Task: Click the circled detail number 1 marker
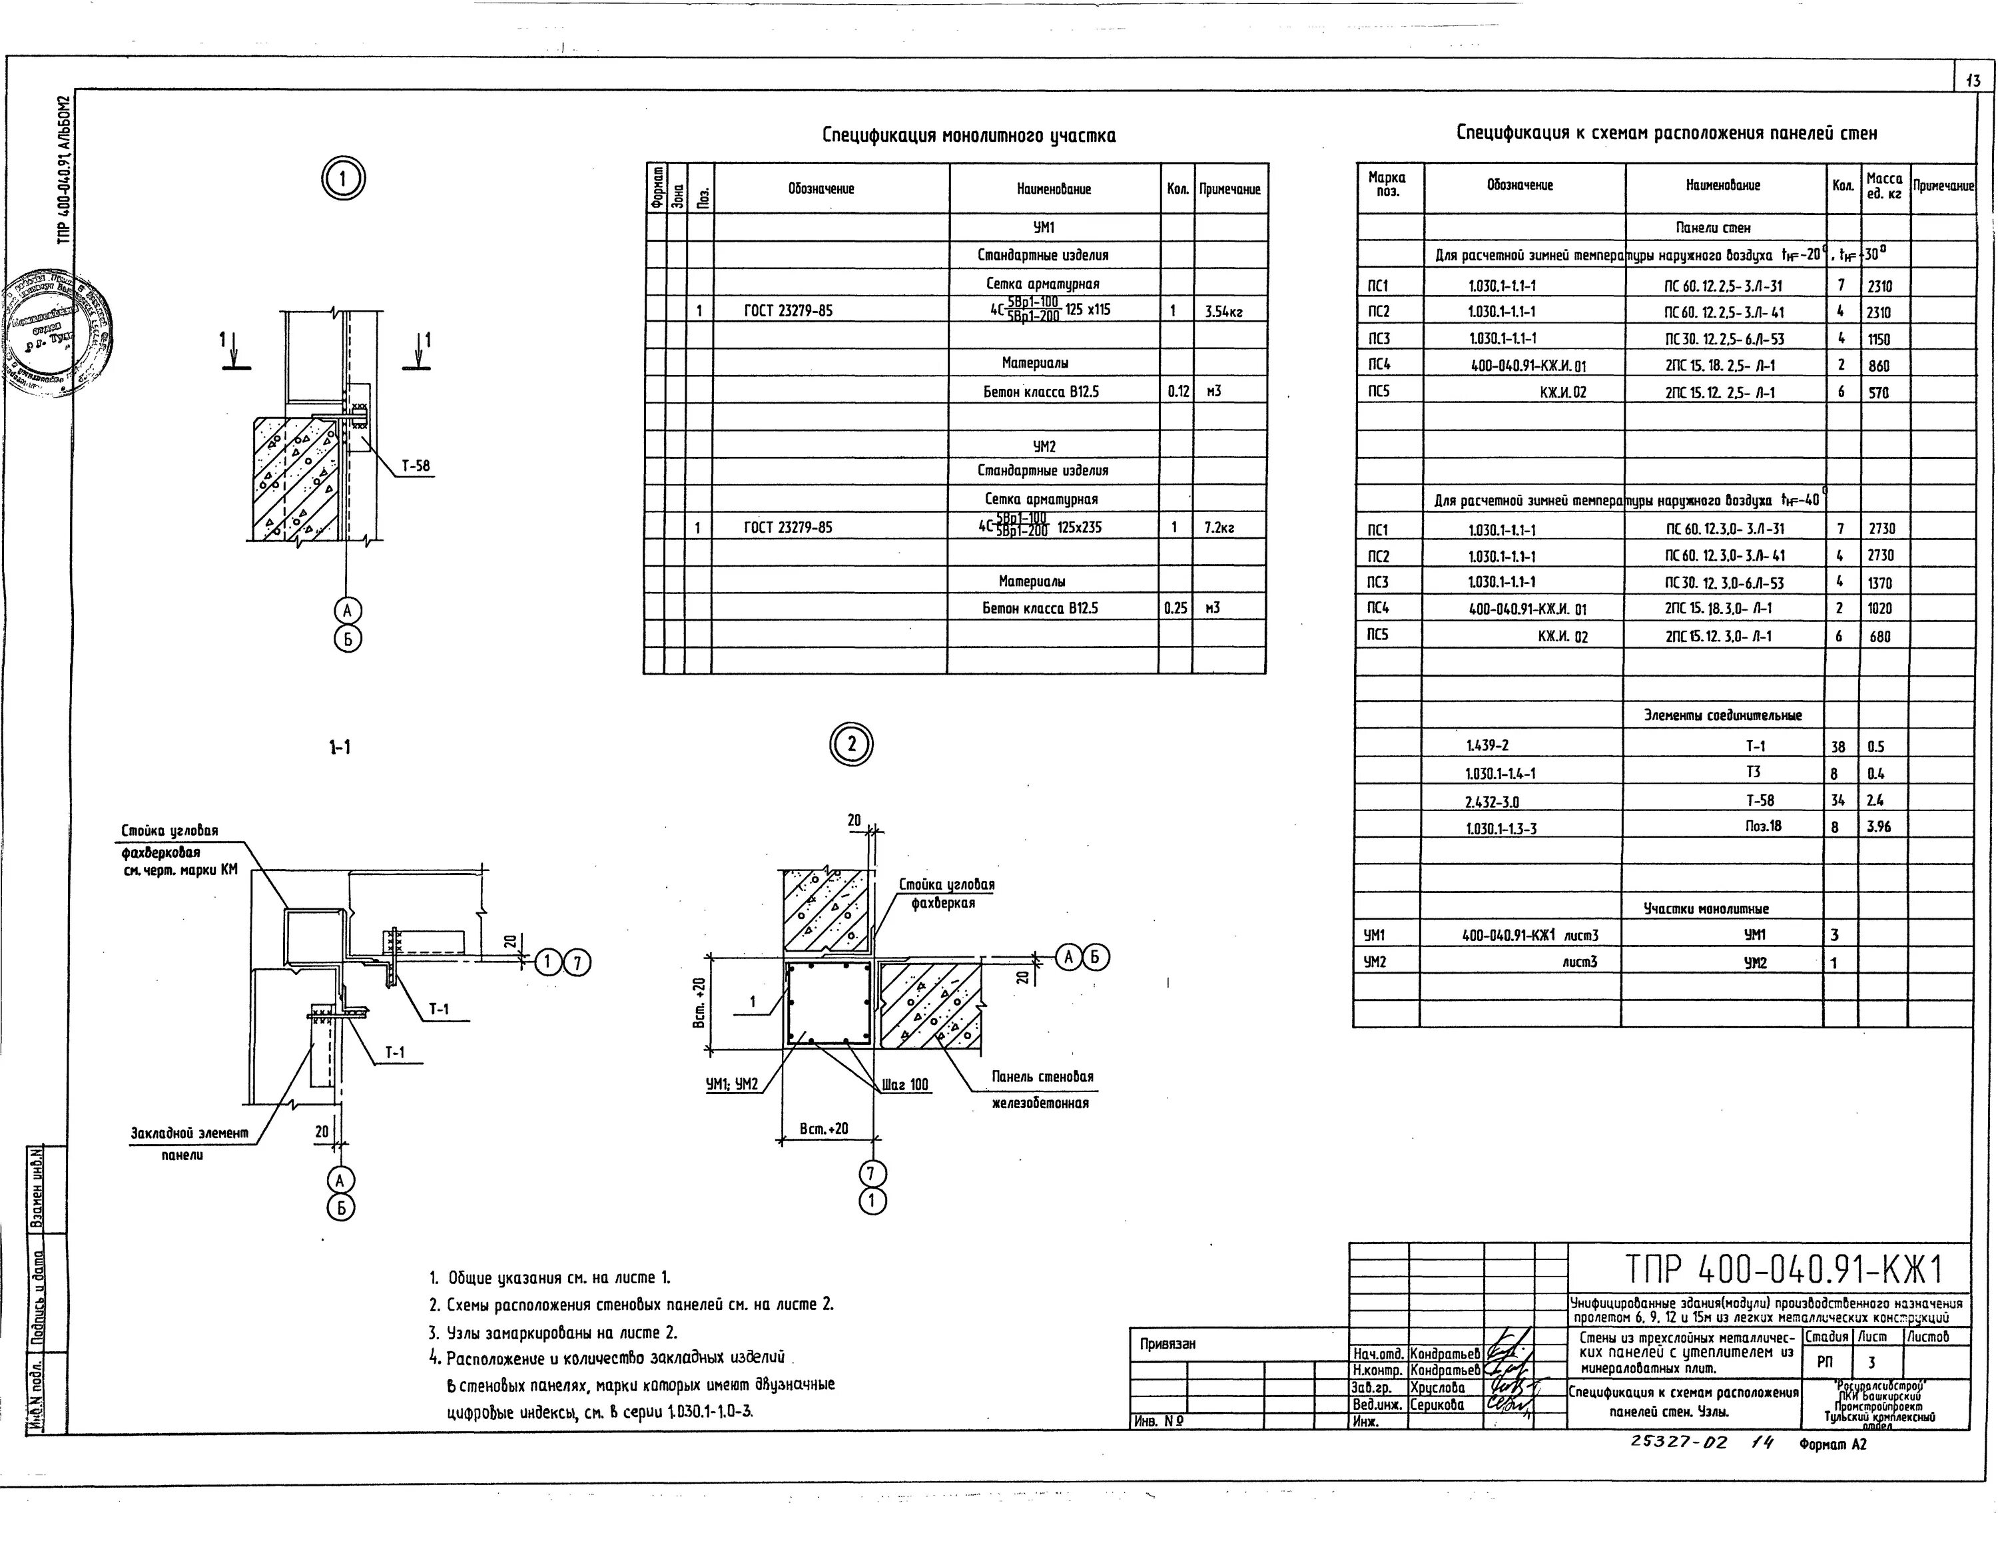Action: pyautogui.click(x=343, y=178)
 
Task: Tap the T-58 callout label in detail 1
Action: pyautogui.click(x=416, y=465)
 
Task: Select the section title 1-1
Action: pyautogui.click(x=340, y=747)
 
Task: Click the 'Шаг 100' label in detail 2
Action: pyautogui.click(x=906, y=1085)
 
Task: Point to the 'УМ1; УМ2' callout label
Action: pyautogui.click(x=732, y=1084)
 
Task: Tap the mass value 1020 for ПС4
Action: pyautogui.click(x=1881, y=608)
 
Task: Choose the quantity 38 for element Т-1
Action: pyautogui.click(x=1839, y=747)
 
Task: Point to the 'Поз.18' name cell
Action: pyautogui.click(x=1763, y=826)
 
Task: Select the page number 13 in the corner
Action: pyautogui.click(x=1973, y=81)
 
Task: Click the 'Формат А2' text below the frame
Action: pyautogui.click(x=1832, y=1444)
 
